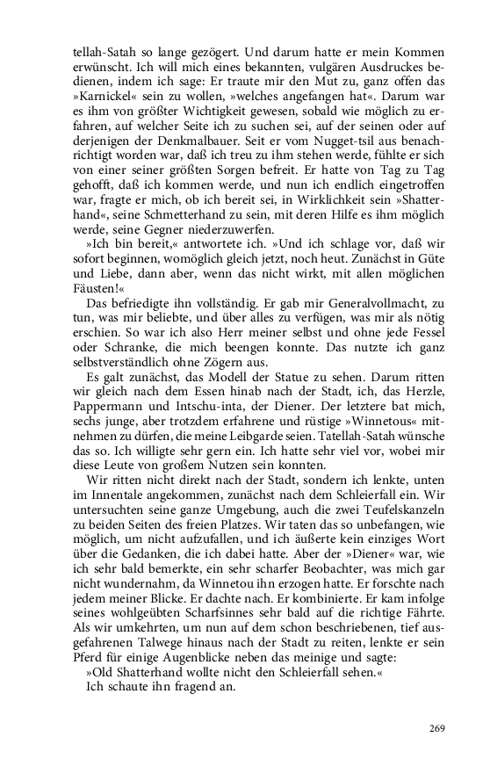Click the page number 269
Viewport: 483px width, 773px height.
438,728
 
